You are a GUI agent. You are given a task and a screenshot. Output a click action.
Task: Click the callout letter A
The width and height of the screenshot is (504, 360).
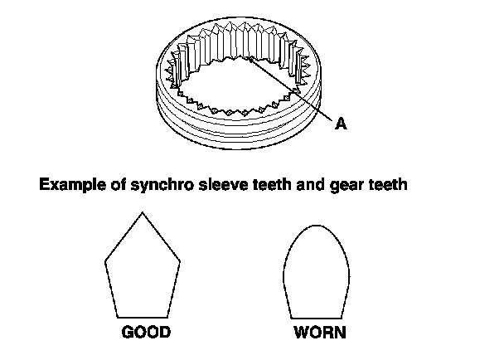[340, 124]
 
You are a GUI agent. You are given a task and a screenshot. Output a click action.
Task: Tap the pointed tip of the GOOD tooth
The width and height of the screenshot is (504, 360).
[143, 213]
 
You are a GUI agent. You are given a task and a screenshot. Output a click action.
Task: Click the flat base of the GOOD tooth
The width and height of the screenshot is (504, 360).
[143, 316]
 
